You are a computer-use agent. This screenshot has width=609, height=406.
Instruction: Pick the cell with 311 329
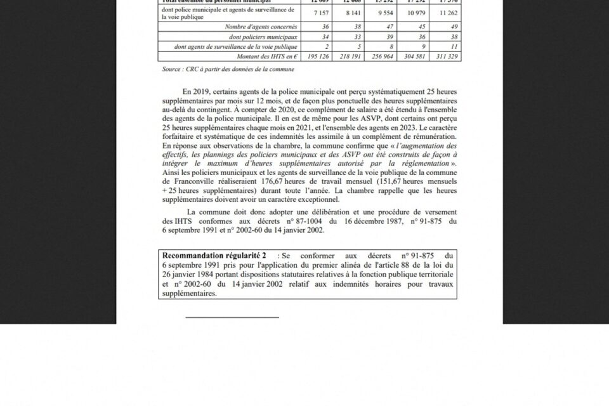445,56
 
